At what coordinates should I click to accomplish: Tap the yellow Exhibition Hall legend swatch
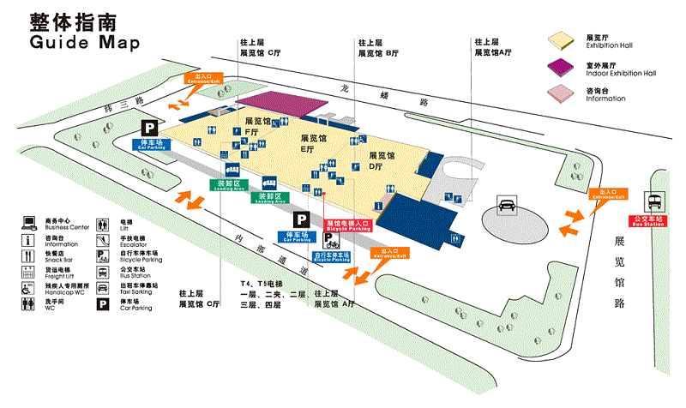click(x=563, y=39)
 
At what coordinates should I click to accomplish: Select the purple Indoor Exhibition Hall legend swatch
click(x=563, y=66)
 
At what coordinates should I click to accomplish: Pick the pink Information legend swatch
click(x=563, y=92)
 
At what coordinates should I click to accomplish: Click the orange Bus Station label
click(x=650, y=219)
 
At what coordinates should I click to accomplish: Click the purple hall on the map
click(x=288, y=103)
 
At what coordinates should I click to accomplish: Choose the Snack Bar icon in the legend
click(x=28, y=253)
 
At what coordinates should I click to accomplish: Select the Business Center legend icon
click(x=28, y=222)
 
